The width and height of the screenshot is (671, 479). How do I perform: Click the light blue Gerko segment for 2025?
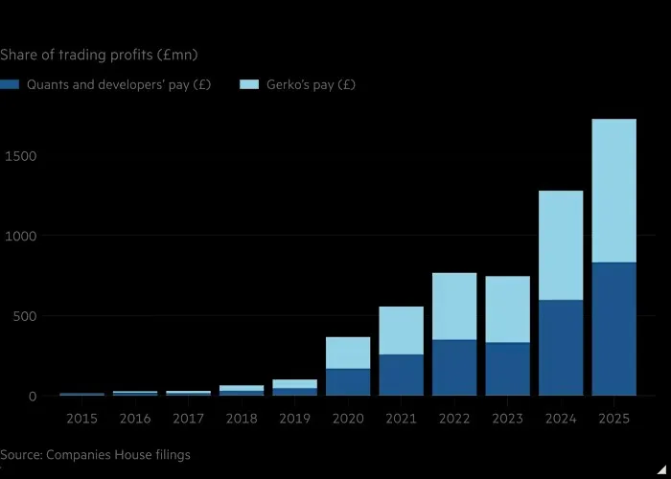click(x=613, y=191)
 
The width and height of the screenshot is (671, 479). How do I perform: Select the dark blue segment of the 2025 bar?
click(x=613, y=329)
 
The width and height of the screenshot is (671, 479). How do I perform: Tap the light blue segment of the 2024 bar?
click(x=561, y=245)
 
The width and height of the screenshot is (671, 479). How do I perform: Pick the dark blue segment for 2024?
click(x=561, y=348)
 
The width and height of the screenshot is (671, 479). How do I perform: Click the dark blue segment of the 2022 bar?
click(x=454, y=368)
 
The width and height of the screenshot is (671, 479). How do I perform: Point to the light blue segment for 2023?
click(x=507, y=309)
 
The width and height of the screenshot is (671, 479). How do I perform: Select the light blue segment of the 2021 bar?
click(x=401, y=331)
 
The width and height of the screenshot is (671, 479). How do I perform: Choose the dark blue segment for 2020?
click(x=348, y=382)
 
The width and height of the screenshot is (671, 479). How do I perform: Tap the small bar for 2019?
click(x=295, y=387)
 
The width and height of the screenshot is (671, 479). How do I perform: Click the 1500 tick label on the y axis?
click(x=20, y=156)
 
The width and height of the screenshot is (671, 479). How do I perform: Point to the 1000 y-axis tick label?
click(x=20, y=236)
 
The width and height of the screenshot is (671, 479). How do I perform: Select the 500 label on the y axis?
click(x=25, y=316)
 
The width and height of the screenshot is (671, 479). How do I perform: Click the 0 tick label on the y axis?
click(x=33, y=397)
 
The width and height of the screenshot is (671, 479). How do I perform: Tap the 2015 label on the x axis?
click(x=82, y=419)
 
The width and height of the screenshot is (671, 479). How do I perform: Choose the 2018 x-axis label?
click(x=242, y=419)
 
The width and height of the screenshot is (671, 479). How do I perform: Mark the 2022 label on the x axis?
click(x=454, y=419)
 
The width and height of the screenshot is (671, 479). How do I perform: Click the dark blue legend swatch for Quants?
click(x=10, y=84)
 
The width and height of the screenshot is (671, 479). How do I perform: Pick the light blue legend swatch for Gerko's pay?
click(x=249, y=84)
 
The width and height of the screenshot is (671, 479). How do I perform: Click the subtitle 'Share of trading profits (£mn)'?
click(x=99, y=56)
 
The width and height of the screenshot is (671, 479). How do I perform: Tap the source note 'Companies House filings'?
click(x=118, y=455)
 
